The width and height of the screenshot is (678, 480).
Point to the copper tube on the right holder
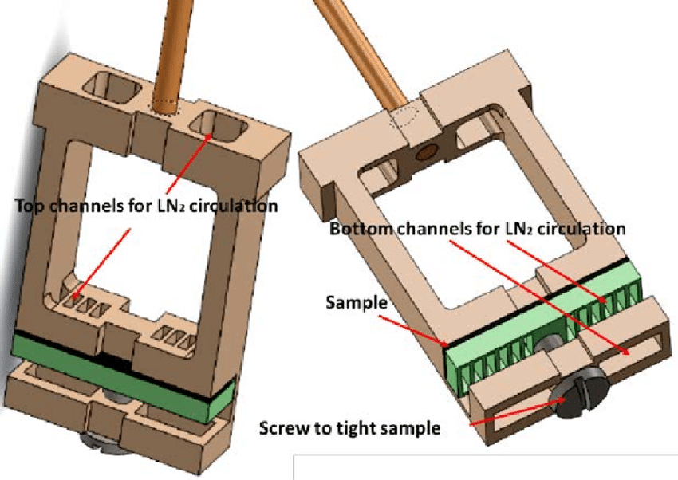pos(359,48)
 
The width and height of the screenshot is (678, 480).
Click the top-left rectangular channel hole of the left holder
pos(112,85)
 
